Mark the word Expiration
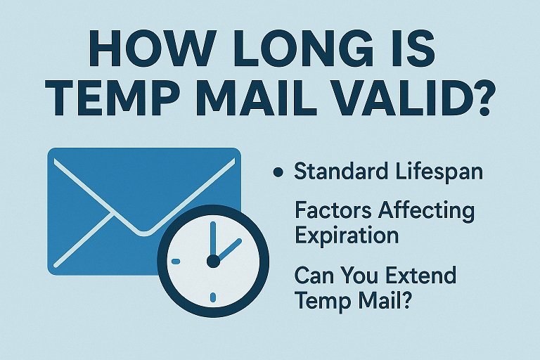click(x=347, y=236)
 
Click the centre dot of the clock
click(x=212, y=262)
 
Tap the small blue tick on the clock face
click(x=176, y=262)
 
